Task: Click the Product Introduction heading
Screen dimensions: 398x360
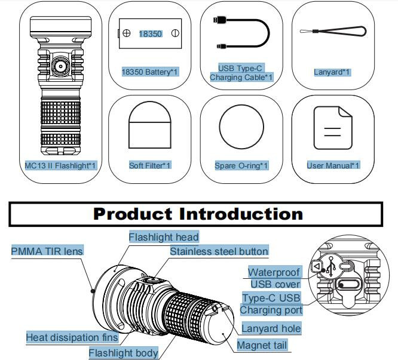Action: [198, 214]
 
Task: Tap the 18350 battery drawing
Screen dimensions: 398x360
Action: [150, 33]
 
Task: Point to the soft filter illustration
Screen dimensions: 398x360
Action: [150, 125]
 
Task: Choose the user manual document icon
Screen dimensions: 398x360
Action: [333, 128]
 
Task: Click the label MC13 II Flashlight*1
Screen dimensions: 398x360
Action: [61, 166]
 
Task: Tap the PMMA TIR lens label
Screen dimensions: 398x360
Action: [47, 251]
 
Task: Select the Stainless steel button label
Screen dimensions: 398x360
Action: [219, 251]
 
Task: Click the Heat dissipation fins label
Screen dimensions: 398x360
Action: [72, 337]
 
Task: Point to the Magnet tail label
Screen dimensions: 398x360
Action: [262, 345]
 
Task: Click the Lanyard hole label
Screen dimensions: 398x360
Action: [271, 328]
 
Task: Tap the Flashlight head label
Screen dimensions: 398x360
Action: [164, 237]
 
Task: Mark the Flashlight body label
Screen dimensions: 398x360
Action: [123, 353]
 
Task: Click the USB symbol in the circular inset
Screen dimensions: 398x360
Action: [331, 267]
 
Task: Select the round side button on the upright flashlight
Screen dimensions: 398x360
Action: [60, 67]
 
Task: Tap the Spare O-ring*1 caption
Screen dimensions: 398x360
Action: [241, 166]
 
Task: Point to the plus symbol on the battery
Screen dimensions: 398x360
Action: [127, 33]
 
